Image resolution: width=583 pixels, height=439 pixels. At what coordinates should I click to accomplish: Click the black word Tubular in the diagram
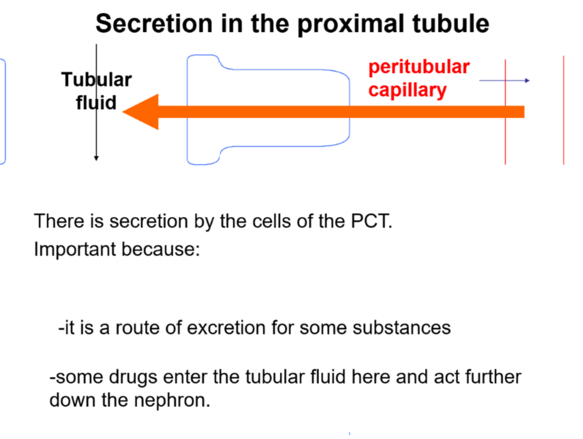point(96,80)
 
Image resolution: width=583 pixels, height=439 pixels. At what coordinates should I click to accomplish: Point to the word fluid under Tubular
point(96,103)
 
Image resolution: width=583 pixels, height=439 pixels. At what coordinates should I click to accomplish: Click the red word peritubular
point(419,67)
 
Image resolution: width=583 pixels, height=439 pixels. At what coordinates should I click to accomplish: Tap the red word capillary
point(407,90)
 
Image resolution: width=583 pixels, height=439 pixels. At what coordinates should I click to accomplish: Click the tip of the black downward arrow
point(96,159)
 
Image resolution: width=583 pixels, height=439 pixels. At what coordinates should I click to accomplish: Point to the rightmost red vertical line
point(563,110)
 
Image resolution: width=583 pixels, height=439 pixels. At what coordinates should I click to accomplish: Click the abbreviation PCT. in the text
point(370,221)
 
